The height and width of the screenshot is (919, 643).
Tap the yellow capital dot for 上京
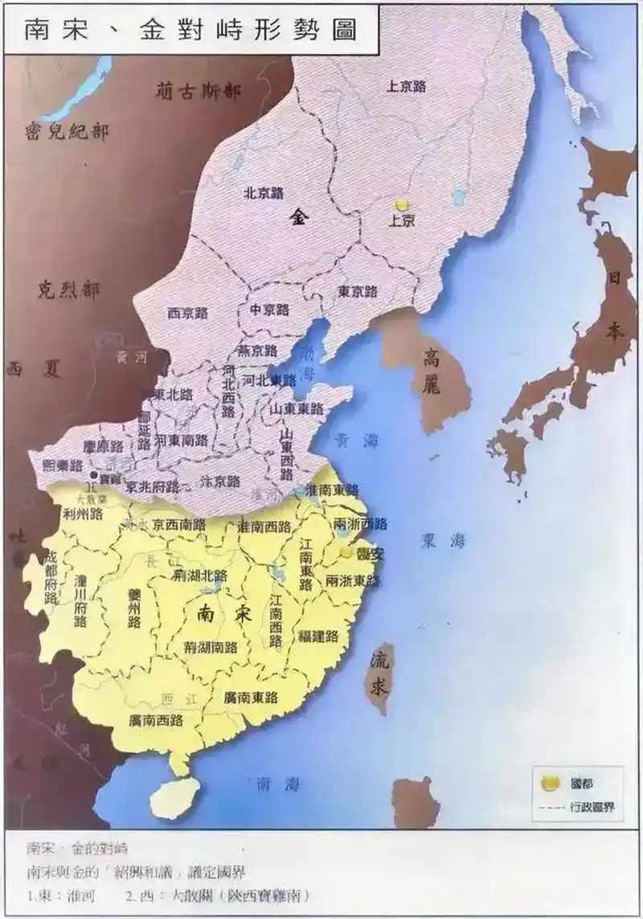pos(402,206)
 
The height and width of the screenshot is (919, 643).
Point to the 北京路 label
pos(264,193)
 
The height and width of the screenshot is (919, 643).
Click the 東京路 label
pos(358,291)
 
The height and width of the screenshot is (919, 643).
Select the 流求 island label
pos(379,675)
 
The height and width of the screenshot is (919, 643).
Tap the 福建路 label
pos(317,636)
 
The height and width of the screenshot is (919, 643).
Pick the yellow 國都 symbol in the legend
pos(551,782)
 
